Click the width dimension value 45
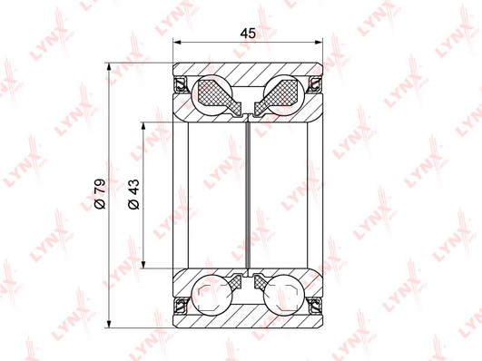[x=248, y=33]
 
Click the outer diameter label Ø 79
[x=100, y=194]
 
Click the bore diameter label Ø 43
[x=133, y=194]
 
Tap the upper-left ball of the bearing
[x=211, y=95]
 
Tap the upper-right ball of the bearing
[x=284, y=95]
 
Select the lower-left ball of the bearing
[x=211, y=295]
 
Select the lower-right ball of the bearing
[x=284, y=295]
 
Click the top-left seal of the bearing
[x=180, y=84]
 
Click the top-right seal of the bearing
[x=315, y=84]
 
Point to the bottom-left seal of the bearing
[x=180, y=305]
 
